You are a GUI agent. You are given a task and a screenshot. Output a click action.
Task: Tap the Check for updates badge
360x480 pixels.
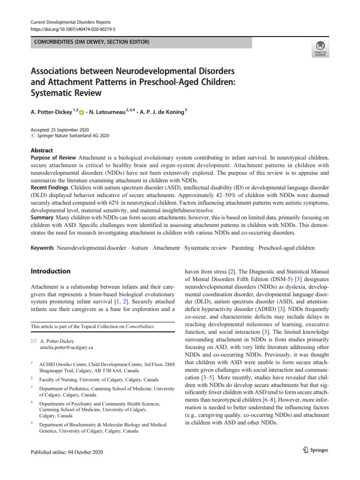320,48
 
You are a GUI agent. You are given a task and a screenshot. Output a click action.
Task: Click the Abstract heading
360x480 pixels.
42,150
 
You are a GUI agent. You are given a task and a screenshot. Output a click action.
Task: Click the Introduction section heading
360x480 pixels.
50,271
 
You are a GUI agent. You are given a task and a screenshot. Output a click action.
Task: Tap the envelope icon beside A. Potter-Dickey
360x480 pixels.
34,341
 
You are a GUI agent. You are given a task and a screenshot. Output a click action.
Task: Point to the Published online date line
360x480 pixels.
66,452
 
